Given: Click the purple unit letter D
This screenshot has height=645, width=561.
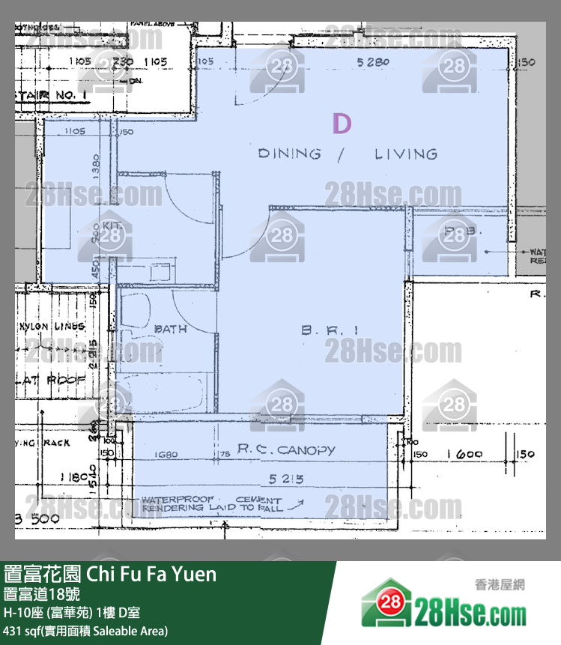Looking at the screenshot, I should tap(342, 124).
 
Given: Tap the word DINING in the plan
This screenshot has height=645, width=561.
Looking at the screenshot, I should tap(289, 154).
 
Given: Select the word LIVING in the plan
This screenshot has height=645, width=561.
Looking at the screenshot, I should tap(406, 154).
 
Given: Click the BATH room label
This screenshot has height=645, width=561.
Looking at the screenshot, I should tap(170, 329).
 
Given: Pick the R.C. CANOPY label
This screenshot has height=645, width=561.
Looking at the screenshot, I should tap(286, 450).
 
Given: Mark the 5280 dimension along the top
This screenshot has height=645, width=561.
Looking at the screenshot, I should tap(374, 63).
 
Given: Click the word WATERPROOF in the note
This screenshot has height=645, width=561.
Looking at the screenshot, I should tap(178, 499).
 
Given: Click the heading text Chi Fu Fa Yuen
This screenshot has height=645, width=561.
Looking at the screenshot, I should tap(152, 575).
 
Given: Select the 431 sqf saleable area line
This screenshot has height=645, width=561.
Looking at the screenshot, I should tap(86, 631).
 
